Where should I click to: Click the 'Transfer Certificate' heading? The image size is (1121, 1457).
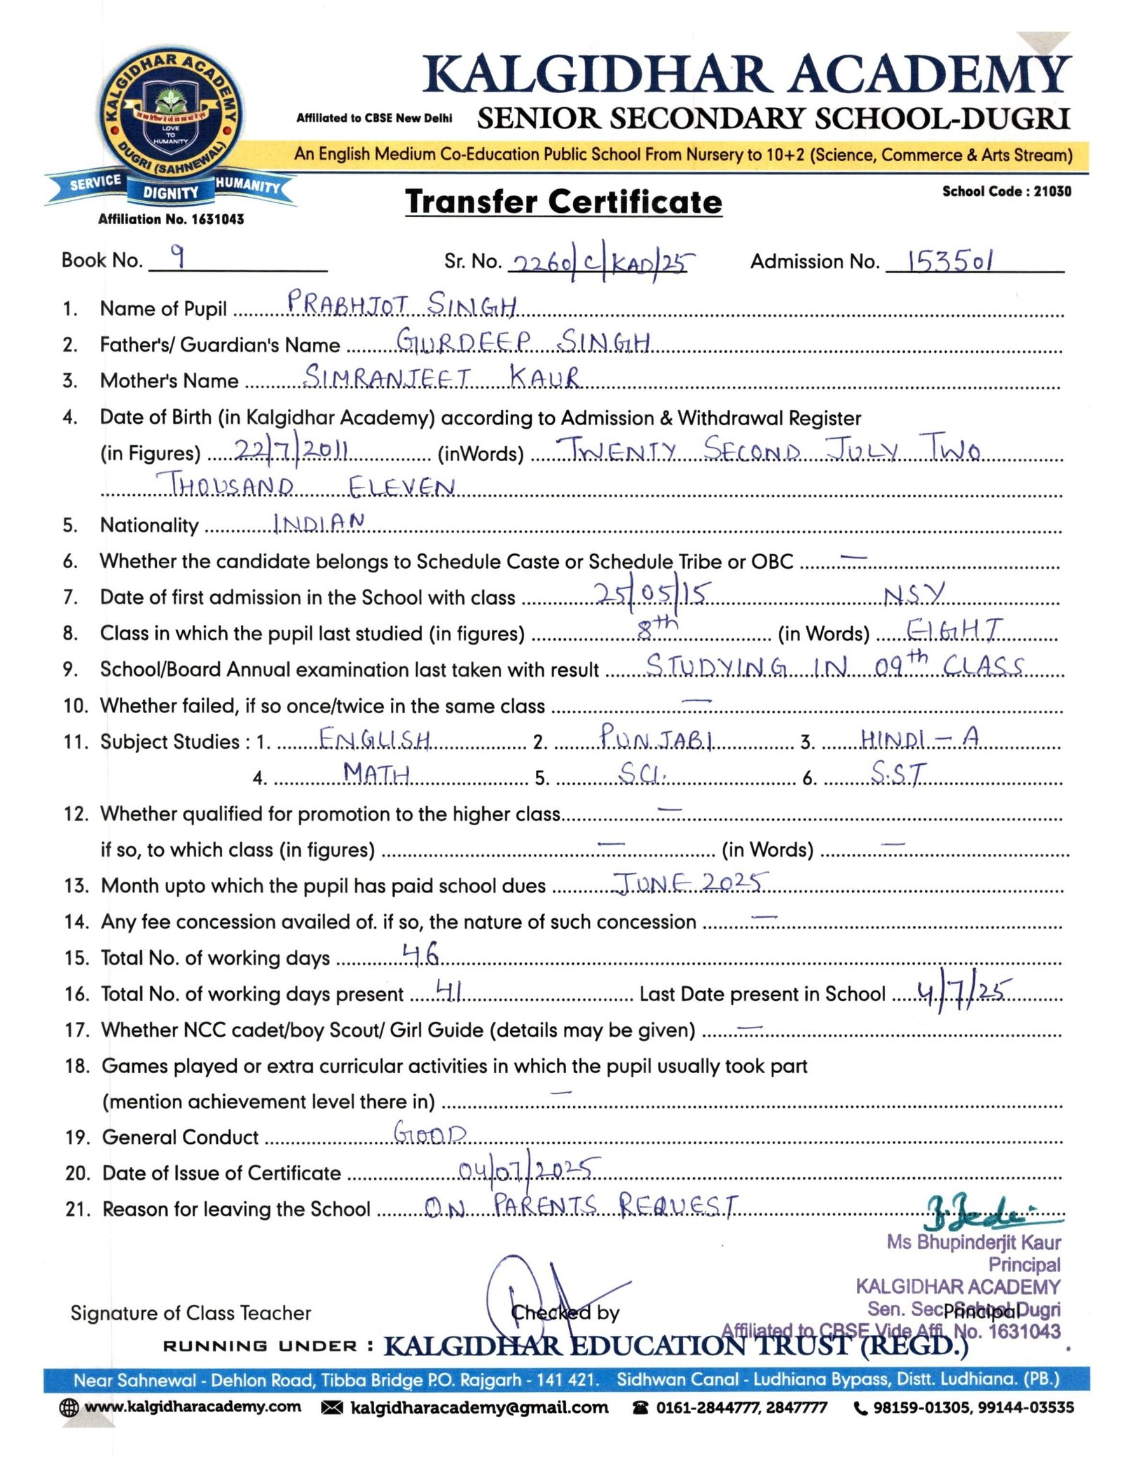563,202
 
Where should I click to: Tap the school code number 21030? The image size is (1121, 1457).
1052,191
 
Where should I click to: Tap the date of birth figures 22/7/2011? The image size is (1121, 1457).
291,449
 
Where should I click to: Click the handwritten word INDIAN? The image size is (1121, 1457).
319,523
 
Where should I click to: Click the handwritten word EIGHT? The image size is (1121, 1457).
954,630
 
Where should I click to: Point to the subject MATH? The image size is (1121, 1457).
376,773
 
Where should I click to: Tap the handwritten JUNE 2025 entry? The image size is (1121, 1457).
690,883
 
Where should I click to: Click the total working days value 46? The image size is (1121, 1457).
420,954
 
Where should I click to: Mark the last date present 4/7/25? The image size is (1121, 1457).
963,991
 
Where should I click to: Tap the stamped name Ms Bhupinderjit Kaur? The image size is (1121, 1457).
973,1242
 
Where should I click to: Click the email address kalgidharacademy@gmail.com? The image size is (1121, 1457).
479,1408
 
